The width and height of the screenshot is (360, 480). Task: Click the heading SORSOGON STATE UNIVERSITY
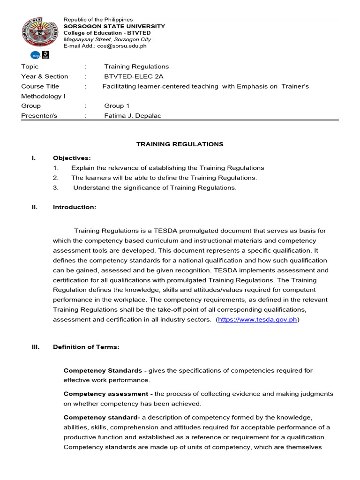tap(114, 26)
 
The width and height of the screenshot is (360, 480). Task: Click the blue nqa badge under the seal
tap(35, 55)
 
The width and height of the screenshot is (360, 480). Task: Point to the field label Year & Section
tap(45, 76)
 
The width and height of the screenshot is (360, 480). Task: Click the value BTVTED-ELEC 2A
tap(134, 76)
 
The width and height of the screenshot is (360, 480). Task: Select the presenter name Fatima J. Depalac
tap(132, 116)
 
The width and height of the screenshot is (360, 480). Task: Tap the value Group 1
tap(117, 106)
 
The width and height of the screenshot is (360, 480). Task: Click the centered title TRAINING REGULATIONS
tap(180, 144)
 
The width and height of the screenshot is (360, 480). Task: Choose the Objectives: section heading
tap(72, 158)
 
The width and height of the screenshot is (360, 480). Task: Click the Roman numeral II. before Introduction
tap(34, 207)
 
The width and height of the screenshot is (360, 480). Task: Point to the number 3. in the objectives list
tap(55, 187)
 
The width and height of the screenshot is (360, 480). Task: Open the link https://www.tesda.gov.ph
tap(257, 320)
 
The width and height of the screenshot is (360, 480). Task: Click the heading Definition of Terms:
tap(86, 347)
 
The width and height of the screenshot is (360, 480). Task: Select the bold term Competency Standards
tap(103, 370)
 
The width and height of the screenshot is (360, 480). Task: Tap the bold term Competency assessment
tap(108, 394)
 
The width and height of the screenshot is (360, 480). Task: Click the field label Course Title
tap(40, 86)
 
